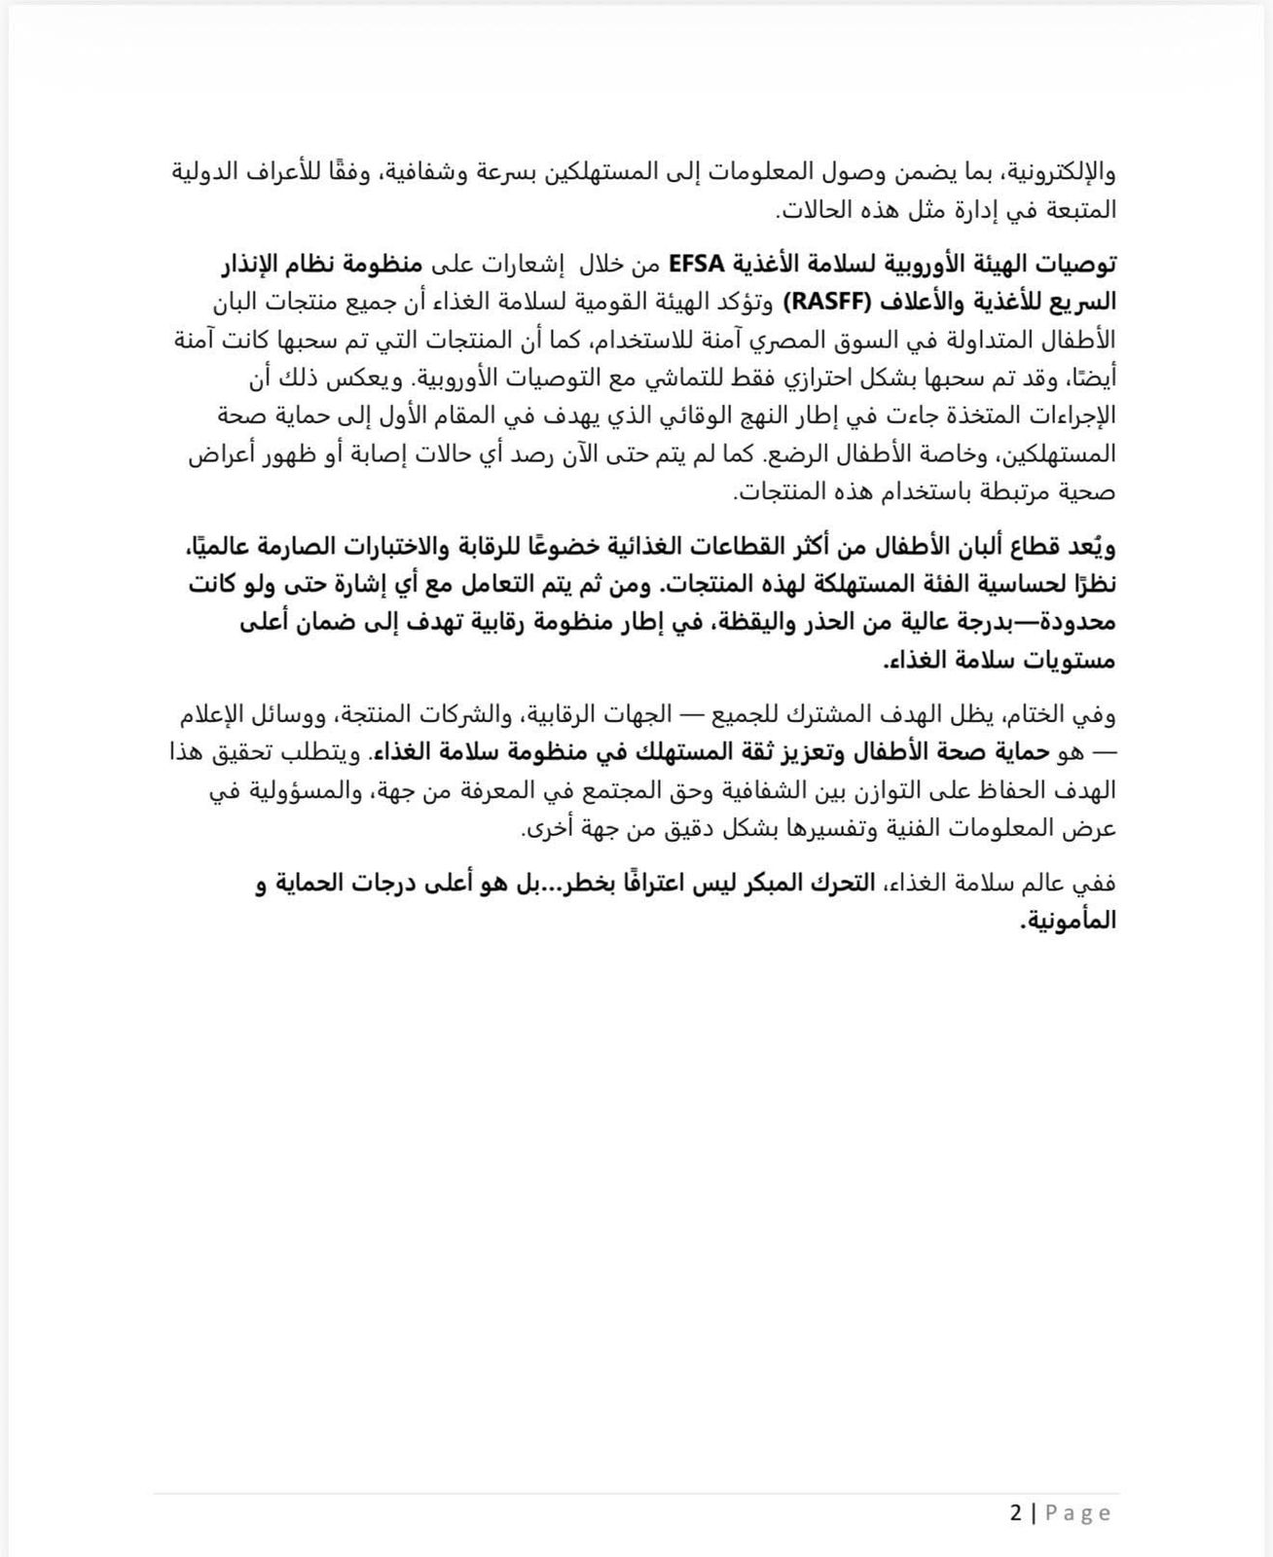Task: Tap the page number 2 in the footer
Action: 1017,1513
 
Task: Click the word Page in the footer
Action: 1078,1513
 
